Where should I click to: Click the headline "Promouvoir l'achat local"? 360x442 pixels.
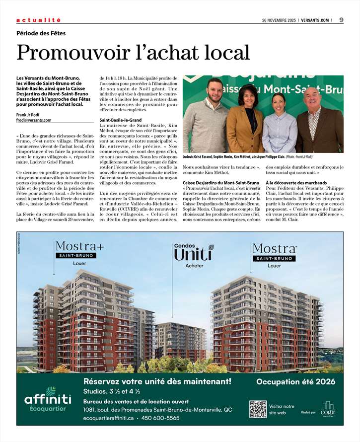pos(133,52)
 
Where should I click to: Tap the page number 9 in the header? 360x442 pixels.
pos(342,20)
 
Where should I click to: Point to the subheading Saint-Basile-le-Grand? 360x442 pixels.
pos(121,120)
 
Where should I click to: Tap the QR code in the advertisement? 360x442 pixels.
pos(258,409)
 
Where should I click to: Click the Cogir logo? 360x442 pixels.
pos(328,409)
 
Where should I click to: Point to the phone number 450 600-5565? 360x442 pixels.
pos(160,418)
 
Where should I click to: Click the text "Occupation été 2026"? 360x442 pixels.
pos(295,382)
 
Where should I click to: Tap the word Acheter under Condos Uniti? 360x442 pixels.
pos(194,266)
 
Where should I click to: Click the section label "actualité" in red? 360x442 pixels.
pos(38,20)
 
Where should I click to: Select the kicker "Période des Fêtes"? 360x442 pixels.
pos(41,33)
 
